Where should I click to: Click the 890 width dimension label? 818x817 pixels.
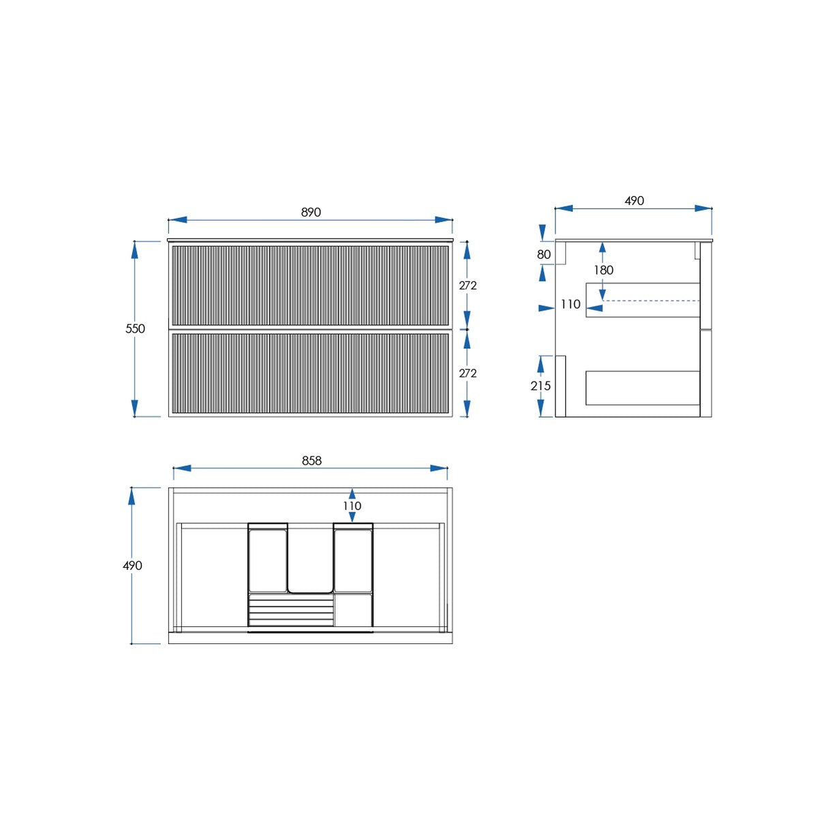point(311,212)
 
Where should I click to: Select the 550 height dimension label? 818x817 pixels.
point(135,328)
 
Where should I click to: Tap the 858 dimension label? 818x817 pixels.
point(312,461)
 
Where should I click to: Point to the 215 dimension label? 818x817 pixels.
point(541,386)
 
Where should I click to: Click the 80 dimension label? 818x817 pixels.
point(544,255)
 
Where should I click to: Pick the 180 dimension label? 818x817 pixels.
point(604,270)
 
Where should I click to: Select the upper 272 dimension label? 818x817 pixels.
point(468,286)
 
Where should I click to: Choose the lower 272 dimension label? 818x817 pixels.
point(468,373)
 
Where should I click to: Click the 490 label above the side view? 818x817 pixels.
point(634,201)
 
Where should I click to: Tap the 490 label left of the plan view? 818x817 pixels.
point(132,566)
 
